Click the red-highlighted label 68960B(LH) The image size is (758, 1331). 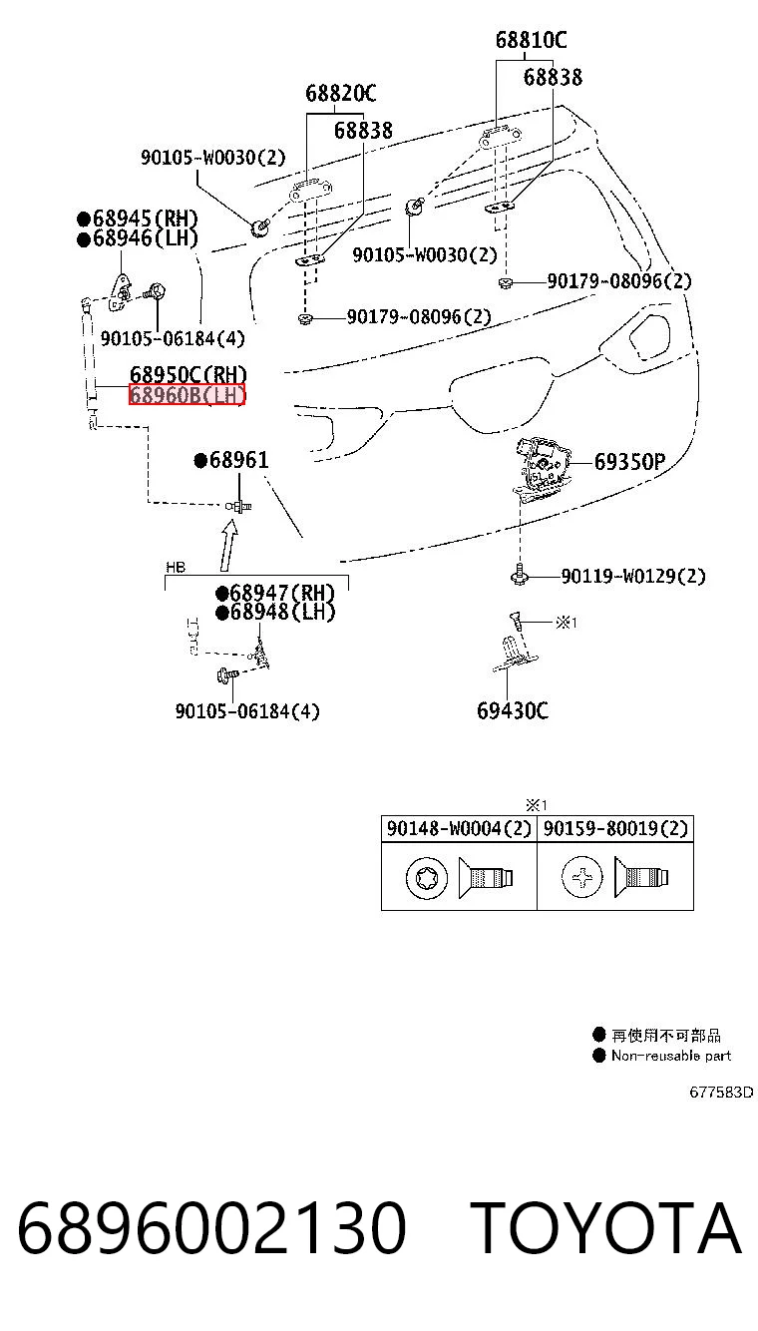click(188, 394)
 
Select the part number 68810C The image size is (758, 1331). click(531, 40)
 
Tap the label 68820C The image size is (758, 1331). click(340, 93)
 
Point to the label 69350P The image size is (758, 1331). click(629, 461)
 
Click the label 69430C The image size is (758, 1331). click(513, 710)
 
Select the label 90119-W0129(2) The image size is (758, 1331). click(633, 576)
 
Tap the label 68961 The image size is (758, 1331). click(231, 460)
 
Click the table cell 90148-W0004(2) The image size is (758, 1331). click(459, 828)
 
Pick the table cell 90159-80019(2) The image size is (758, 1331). click(615, 828)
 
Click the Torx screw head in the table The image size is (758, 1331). click(427, 878)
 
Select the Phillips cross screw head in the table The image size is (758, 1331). click(582, 877)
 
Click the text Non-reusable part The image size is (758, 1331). click(671, 1056)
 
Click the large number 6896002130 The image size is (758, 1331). click(212, 1227)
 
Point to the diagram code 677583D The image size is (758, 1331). click(721, 1093)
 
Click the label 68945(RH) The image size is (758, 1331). click(138, 219)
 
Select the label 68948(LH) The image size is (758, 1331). click(275, 612)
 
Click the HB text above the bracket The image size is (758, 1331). click(176, 568)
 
